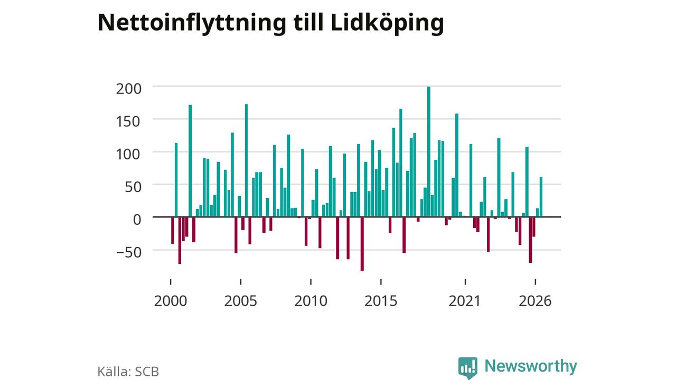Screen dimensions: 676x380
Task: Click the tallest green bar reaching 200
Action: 428,151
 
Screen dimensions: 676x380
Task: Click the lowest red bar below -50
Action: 362,244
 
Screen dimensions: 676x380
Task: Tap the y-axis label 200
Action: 128,89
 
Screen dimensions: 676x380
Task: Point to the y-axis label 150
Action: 128,121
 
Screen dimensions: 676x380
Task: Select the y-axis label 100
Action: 128,155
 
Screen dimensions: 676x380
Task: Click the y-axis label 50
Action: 133,187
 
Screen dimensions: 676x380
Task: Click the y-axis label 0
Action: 137,220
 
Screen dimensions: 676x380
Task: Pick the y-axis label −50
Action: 128,252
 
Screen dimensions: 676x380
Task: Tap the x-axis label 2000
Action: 171,301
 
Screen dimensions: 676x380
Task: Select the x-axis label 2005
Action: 240,301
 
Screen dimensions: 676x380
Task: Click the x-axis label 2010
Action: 311,301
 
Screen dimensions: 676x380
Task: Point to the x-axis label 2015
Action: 381,301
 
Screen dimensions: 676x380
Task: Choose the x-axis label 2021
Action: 465,301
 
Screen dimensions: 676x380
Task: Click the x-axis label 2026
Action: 535,301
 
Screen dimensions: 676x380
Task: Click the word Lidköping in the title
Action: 388,24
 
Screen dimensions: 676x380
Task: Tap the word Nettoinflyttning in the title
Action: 192,24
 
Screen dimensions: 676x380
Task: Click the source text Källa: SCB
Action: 128,371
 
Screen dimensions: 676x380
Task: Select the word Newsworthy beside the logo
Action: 531,366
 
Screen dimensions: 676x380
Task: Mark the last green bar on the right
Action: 541,197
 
